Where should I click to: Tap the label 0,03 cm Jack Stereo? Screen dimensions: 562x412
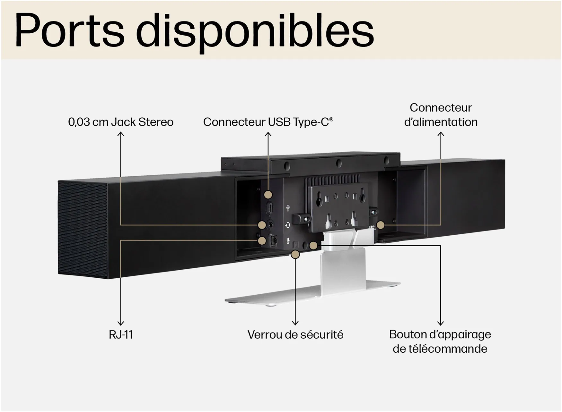coord(121,122)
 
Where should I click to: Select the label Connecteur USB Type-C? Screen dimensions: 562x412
coord(268,122)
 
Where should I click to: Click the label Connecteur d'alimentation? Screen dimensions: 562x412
coord(441,115)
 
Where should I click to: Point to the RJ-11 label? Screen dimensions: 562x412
coord(121,334)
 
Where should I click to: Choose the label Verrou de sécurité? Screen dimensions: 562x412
coord(295,334)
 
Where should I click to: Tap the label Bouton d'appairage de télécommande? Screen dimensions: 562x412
coord(440,341)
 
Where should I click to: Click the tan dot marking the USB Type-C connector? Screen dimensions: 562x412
coord(268,195)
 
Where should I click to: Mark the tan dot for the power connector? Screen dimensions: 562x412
coord(381,225)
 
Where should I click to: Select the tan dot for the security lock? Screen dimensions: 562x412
coord(295,255)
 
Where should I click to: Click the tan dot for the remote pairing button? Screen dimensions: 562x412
coord(313,246)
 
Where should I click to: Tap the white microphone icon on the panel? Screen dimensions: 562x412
coord(288,240)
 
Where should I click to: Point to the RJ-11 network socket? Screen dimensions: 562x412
coord(273,240)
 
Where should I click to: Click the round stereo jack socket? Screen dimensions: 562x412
coord(271,224)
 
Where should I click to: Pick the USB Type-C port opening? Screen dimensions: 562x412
coord(270,208)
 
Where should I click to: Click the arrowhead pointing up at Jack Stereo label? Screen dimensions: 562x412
coord(121,134)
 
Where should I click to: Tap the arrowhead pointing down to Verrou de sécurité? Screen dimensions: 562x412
coord(295,323)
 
